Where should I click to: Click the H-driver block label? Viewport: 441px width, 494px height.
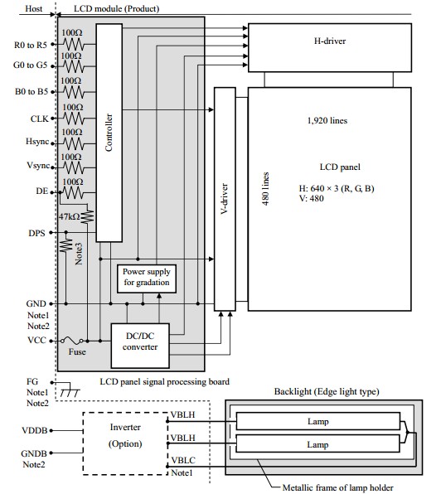(x=330, y=41)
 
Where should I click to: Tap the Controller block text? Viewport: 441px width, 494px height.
(x=109, y=133)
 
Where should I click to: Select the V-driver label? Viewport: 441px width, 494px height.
(x=224, y=199)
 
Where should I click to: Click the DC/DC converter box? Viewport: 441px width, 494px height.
(x=140, y=346)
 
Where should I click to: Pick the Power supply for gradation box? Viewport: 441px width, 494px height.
(x=147, y=278)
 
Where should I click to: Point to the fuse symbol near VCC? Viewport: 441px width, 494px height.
(x=72, y=341)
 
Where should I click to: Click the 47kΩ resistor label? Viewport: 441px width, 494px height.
(x=70, y=217)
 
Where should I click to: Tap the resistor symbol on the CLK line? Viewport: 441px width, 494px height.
(x=74, y=119)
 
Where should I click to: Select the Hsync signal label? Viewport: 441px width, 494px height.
(x=37, y=142)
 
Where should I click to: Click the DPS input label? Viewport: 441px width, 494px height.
(x=36, y=233)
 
